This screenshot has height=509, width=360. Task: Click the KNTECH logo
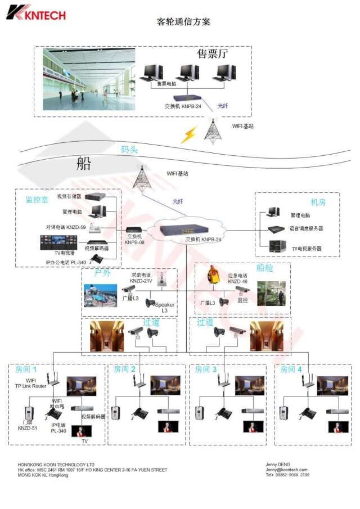36,11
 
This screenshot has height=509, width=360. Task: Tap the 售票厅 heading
213,53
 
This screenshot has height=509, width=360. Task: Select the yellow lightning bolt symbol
189,134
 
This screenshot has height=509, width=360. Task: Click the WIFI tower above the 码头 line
212,129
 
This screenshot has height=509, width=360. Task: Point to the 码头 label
129,150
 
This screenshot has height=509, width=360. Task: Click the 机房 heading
318,201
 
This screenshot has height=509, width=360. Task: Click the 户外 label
102,273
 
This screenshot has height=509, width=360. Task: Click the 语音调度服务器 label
307,228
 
